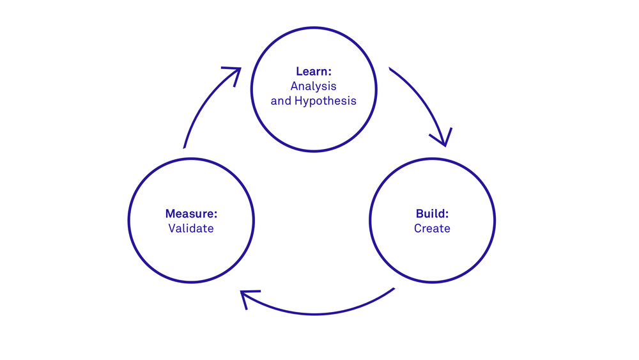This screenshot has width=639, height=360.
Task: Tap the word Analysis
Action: [313, 86]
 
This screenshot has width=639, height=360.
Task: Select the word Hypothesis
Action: [325, 101]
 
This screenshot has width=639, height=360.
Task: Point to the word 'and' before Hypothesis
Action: [281, 101]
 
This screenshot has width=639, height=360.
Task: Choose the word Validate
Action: [191, 228]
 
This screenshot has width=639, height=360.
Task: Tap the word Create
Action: [432, 228]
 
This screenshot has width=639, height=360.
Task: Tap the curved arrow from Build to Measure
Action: [319, 312]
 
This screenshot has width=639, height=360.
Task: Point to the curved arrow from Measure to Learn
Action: [198, 109]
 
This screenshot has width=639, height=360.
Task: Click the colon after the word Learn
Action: [330, 72]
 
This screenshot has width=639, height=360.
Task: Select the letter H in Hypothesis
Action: [298, 101]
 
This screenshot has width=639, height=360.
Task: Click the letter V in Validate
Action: [172, 228]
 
